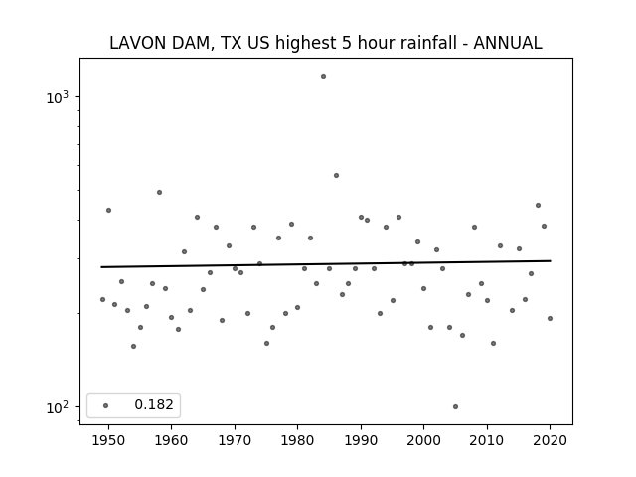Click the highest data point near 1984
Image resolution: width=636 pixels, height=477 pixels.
click(x=323, y=76)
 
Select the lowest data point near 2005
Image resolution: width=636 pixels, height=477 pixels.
click(x=455, y=406)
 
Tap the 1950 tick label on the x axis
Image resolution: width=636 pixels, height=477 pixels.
click(x=108, y=440)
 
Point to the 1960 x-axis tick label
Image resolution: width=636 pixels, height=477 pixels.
click(x=171, y=440)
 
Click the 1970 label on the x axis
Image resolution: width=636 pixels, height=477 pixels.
click(x=235, y=440)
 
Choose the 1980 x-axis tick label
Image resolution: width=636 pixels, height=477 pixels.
click(x=297, y=440)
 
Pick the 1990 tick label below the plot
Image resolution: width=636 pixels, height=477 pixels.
click(x=361, y=440)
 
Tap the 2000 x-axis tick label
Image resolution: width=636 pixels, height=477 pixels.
click(x=424, y=440)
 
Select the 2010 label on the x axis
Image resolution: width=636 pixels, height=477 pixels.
click(x=487, y=440)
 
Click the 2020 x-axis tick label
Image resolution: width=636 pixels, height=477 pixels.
click(x=550, y=440)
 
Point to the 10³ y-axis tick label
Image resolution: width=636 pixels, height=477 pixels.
click(x=58, y=97)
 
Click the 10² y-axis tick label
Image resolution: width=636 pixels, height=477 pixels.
click(x=58, y=407)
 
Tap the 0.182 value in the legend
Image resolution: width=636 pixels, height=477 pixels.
click(x=154, y=404)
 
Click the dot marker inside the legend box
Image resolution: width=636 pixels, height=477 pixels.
click(x=106, y=405)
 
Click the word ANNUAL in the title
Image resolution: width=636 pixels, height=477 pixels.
click(x=508, y=43)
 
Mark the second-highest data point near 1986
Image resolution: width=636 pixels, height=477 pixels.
click(x=336, y=175)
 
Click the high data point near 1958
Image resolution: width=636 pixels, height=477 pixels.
click(x=159, y=192)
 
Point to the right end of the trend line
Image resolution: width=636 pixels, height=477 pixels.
click(x=551, y=260)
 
